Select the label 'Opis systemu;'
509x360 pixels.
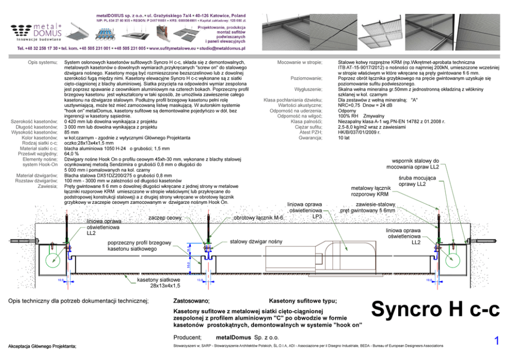coord(43,62)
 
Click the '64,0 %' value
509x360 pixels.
coord(71,154)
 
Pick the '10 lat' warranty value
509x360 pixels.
coord(343,138)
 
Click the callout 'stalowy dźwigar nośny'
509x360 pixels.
coord(256,241)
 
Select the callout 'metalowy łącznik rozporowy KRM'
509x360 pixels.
coord(370,192)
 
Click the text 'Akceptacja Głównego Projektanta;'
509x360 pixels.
coord(42,347)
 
